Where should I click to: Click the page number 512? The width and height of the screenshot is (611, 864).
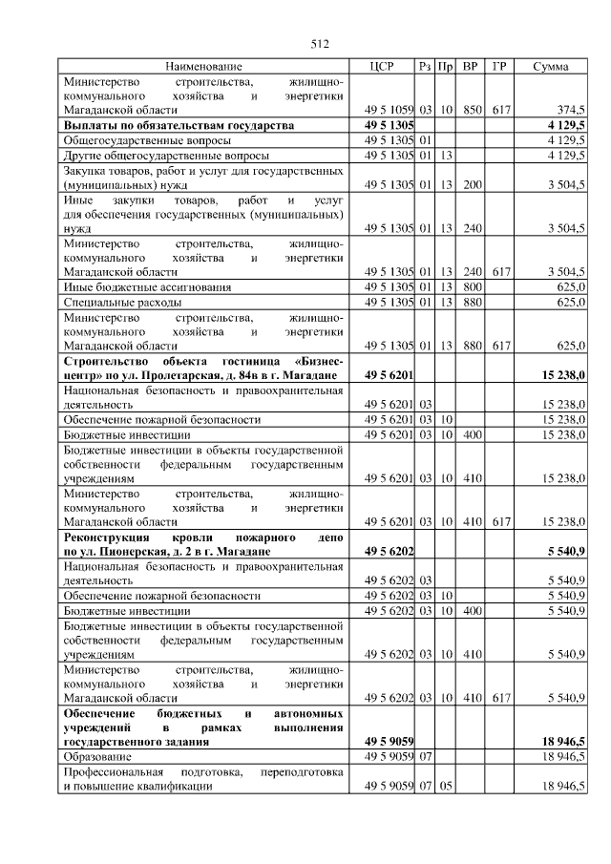pos(320,43)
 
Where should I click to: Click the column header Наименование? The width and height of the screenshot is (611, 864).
pos(203,67)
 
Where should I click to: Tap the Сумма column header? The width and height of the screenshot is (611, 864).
pos(551,67)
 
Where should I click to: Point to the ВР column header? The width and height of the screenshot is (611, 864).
pos(470,67)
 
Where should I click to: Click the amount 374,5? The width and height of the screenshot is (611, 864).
pos(569,110)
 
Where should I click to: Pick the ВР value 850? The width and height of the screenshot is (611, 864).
pos(470,110)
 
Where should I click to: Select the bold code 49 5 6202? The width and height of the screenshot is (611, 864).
pos(389,552)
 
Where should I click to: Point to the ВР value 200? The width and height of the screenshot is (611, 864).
pos(470,184)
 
